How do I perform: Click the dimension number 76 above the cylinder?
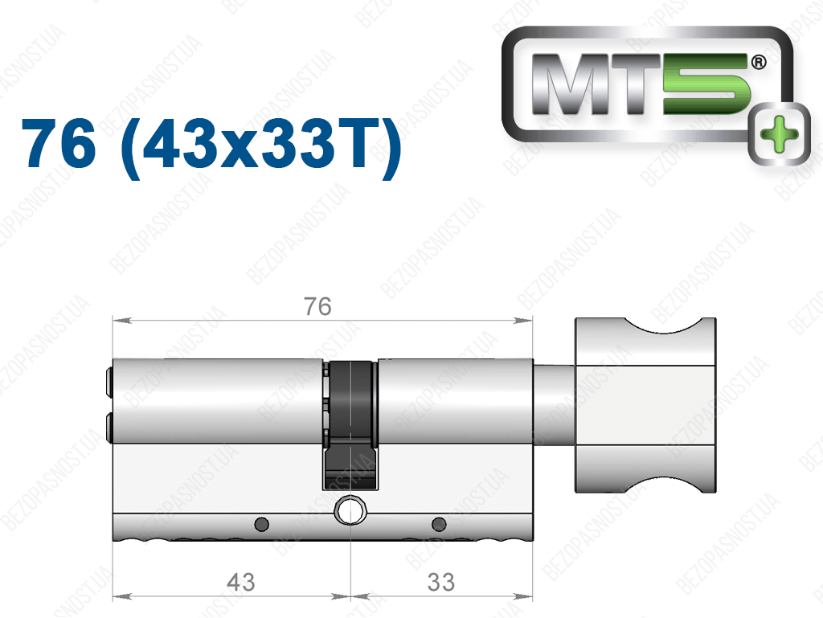[x=317, y=306]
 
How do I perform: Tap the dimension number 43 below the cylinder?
[x=241, y=582]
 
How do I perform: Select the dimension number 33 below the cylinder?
[x=441, y=582]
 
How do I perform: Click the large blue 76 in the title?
[x=59, y=143]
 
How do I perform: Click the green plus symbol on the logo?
[x=779, y=133]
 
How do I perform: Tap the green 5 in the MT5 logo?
[x=705, y=84]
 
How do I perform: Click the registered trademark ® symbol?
[x=759, y=63]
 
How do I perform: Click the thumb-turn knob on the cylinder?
[x=645, y=405]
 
